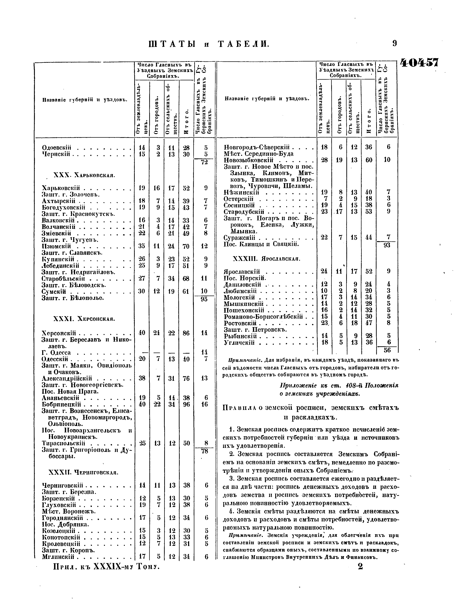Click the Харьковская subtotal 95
coord(204,299)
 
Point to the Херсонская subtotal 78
coord(204,451)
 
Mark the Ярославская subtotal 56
coord(387,350)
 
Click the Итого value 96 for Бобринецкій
coord(186,404)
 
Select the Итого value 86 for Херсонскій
coord(186,333)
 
